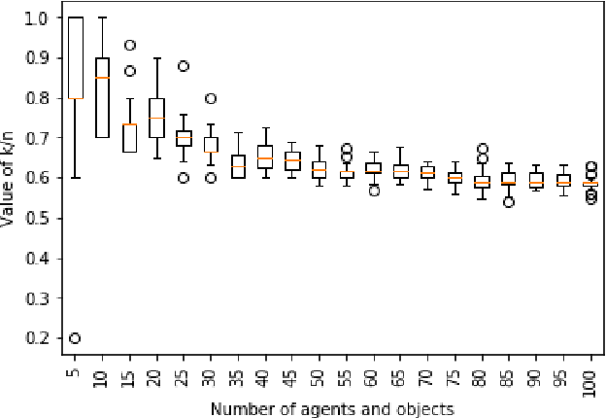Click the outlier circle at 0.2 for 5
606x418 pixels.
pos(75,338)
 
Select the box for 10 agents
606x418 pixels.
pos(102,97)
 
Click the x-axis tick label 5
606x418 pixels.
pos(75,373)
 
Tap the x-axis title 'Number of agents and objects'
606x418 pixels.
pos(331,408)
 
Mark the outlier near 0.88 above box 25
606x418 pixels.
pos(184,67)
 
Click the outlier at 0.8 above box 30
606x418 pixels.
pos(211,98)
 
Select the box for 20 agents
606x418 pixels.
pos(156,118)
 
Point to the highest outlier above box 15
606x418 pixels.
pos(129,45)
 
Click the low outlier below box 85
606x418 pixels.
pos(509,202)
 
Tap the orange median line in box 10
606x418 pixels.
pos(102,78)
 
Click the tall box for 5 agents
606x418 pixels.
pos(75,58)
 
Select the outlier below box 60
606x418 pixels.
pos(373,191)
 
